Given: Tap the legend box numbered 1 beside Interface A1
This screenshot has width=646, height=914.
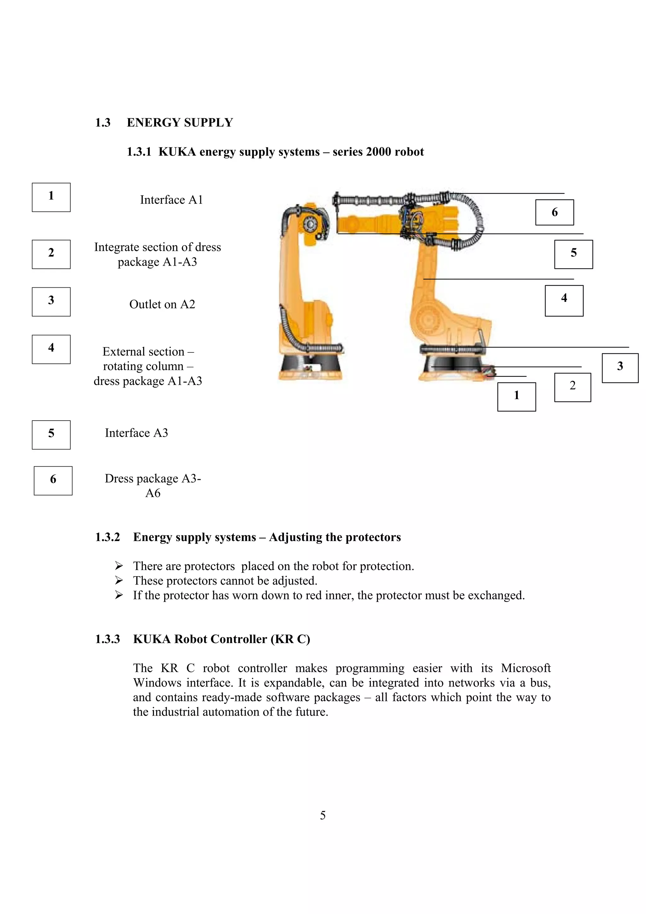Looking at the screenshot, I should point(51,197).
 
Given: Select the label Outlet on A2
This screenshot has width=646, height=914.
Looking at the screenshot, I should point(162,304).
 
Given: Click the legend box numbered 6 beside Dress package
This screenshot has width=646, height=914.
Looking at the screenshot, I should point(53,481).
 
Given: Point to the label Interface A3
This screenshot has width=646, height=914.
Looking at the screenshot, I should point(136,433).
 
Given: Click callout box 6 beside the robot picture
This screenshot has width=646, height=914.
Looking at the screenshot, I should point(554,212).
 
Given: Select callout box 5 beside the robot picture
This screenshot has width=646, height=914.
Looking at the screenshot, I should point(573,254).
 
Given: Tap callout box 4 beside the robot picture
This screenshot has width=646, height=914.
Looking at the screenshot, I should point(564,301).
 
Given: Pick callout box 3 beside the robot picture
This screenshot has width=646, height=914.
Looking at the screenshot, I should point(620,368).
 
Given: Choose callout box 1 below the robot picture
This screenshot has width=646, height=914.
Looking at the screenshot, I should point(516,397).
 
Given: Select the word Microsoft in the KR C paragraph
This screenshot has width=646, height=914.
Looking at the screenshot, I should point(526,668).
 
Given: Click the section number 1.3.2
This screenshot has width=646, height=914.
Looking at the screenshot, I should point(107,537).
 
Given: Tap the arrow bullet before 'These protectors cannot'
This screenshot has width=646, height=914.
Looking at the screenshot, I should point(119,581).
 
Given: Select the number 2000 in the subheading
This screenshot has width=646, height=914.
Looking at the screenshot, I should point(378,152).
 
